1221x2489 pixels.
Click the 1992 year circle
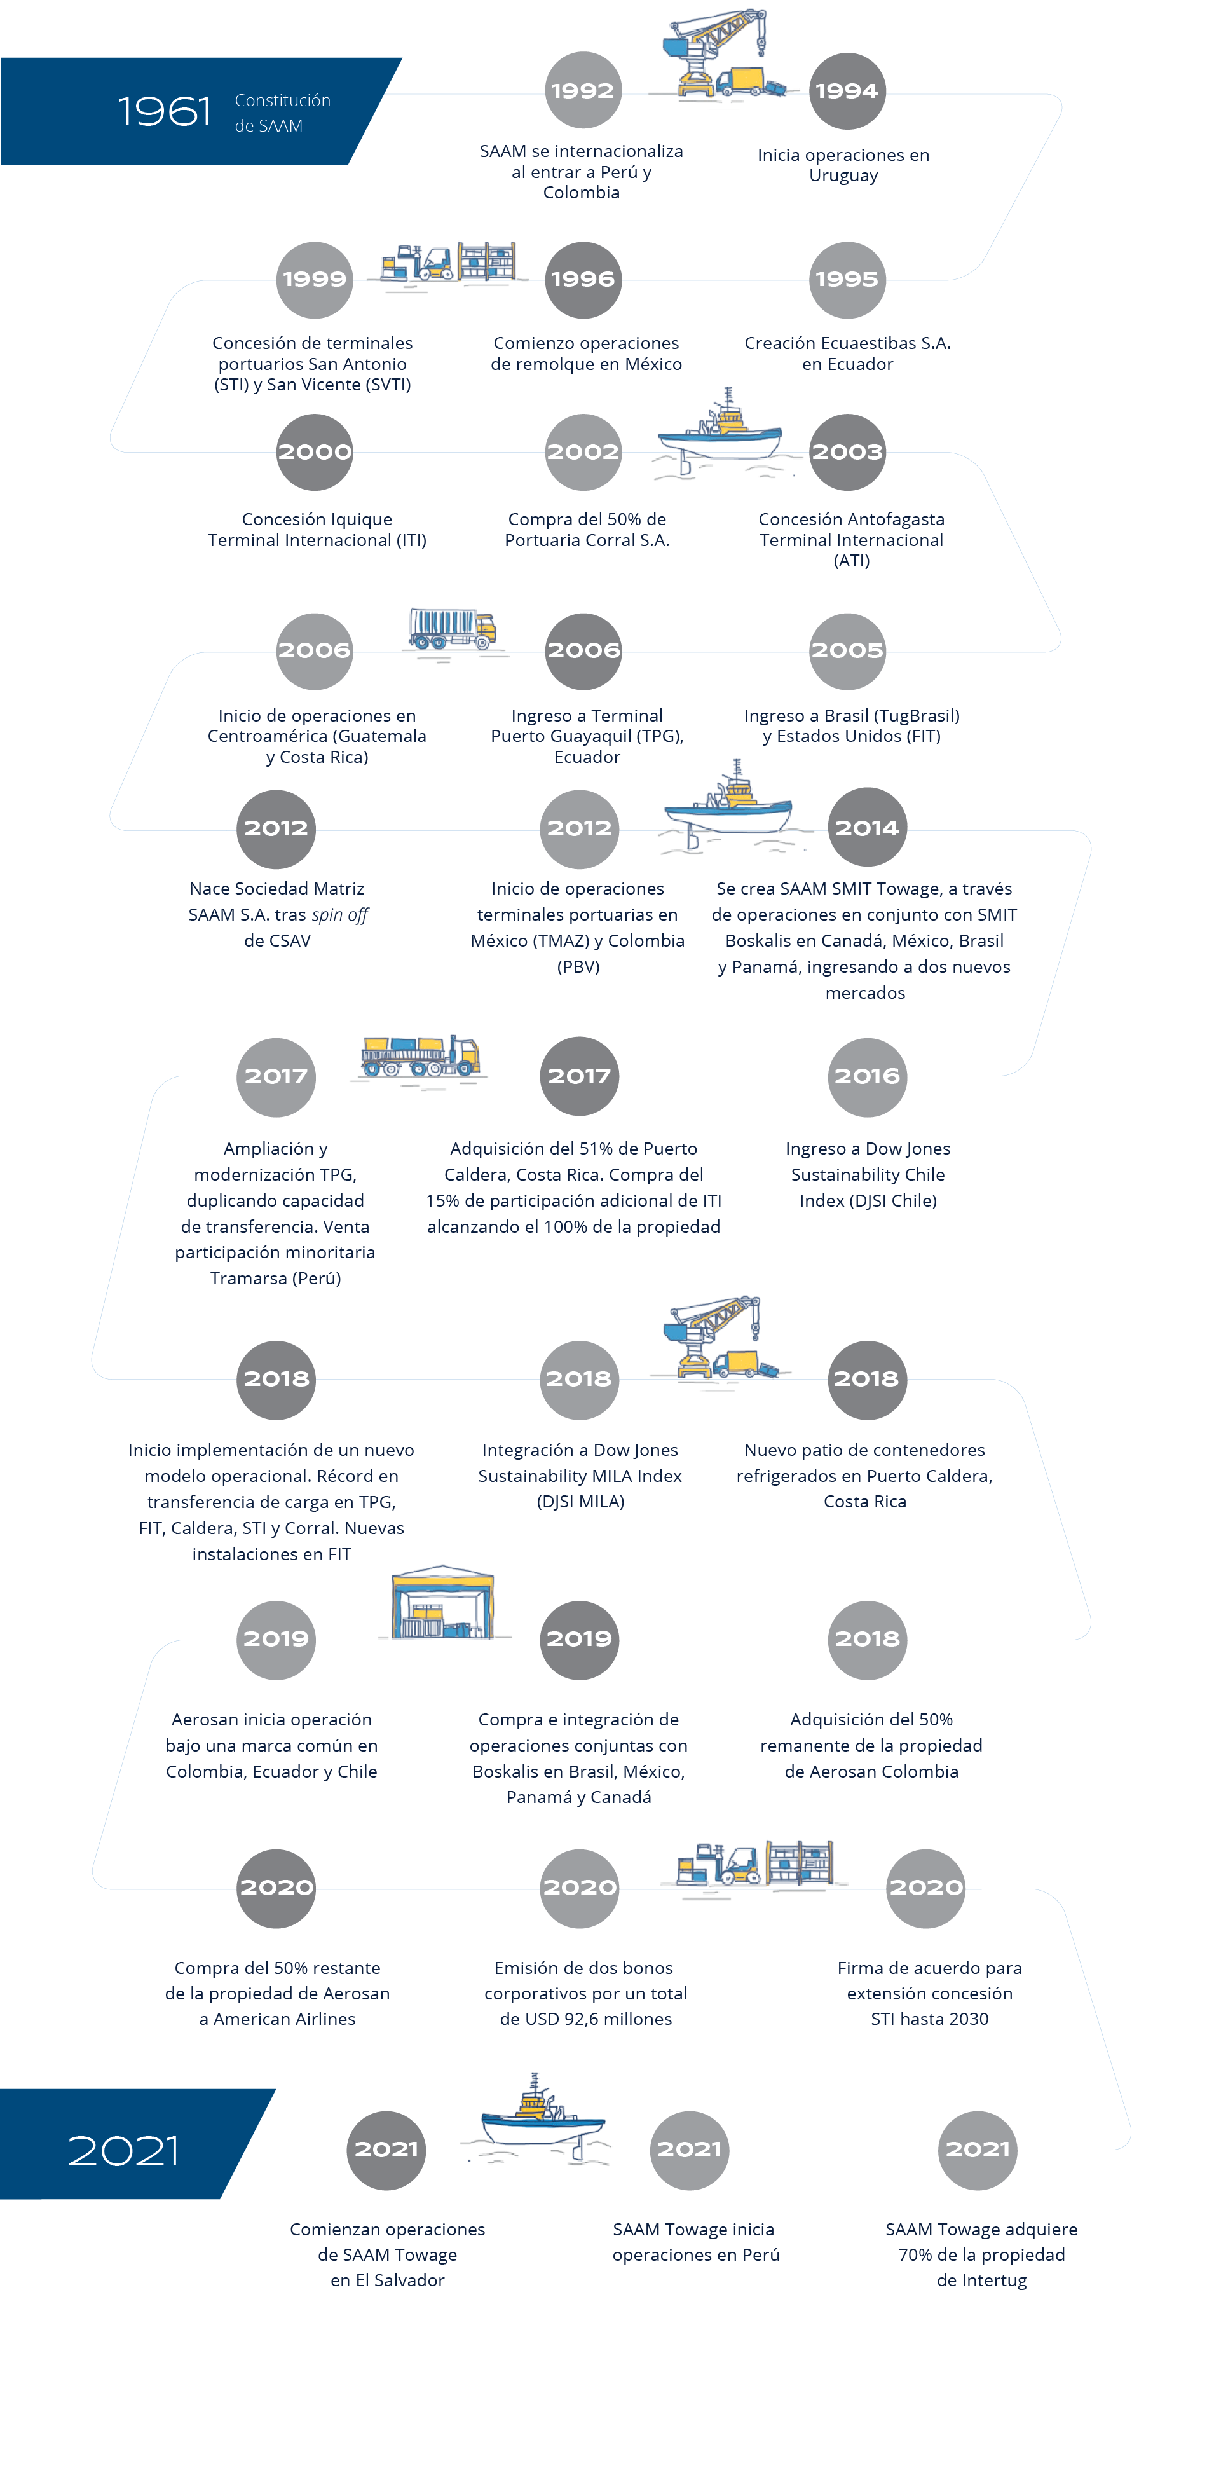tap(582, 91)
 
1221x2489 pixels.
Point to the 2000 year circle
tap(315, 452)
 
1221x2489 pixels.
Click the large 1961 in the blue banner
tap(164, 112)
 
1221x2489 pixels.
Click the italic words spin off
tap(339, 915)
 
